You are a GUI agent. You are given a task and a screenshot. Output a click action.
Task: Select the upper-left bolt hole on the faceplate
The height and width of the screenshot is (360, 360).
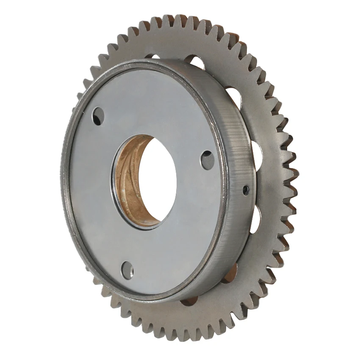(x=98, y=116)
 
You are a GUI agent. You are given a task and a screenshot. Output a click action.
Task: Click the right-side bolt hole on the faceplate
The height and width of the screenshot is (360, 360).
(x=207, y=160)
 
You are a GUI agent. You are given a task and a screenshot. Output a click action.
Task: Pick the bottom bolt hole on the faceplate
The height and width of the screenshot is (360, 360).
(x=127, y=270)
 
